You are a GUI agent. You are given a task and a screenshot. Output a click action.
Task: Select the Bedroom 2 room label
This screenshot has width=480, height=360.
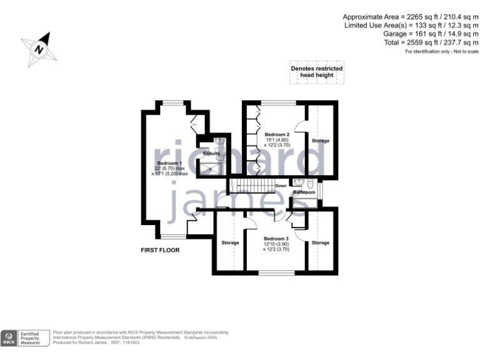(x=277, y=134)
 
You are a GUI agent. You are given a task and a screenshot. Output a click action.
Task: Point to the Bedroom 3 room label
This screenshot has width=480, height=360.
(x=276, y=239)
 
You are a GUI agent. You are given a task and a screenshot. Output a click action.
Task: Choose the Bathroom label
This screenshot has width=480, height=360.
(x=304, y=192)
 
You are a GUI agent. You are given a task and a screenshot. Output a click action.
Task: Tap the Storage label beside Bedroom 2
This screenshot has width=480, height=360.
(x=321, y=141)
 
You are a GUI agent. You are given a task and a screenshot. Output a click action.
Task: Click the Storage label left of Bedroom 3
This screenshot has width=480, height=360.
(x=230, y=242)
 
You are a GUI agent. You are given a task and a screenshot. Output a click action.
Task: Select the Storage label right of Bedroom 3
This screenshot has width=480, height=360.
(x=321, y=242)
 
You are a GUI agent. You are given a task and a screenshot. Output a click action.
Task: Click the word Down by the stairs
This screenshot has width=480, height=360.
(x=281, y=186)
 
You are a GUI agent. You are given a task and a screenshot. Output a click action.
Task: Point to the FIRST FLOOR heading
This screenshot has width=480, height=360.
(x=159, y=250)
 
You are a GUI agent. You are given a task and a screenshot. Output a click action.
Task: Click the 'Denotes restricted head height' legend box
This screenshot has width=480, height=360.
(x=316, y=72)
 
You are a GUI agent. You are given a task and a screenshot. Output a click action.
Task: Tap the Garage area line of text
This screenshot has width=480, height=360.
(x=431, y=34)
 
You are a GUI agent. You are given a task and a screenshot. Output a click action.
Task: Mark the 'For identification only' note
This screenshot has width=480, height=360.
(x=441, y=51)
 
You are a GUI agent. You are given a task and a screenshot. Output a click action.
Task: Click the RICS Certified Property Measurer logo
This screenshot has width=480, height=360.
(x=24, y=337)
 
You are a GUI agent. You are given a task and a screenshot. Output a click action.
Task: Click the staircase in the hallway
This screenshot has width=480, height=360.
(x=250, y=186)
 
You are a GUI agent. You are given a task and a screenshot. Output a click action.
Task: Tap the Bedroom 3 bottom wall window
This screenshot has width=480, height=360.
(x=277, y=272)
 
